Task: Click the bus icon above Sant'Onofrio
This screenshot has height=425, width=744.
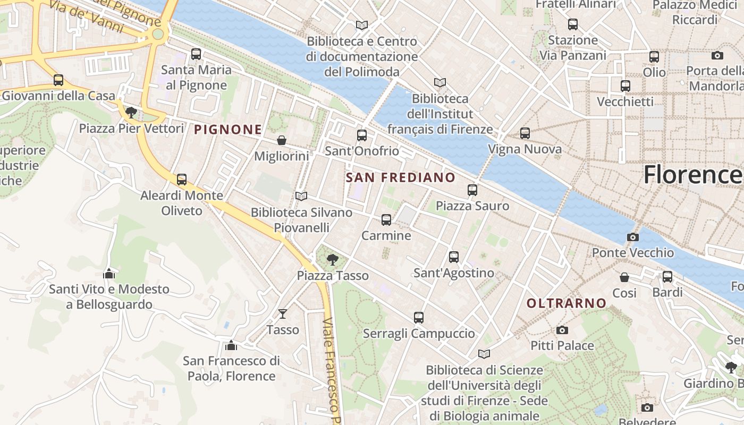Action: [362, 135]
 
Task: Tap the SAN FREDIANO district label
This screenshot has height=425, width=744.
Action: [401, 177]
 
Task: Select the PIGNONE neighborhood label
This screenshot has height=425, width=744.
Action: [228, 129]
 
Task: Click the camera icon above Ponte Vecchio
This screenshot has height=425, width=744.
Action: [632, 237]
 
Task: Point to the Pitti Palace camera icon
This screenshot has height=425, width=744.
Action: [562, 330]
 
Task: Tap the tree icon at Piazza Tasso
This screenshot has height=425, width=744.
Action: [333, 260]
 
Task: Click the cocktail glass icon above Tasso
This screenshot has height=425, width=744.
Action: [283, 314]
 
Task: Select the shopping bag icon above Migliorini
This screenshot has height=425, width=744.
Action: [282, 140]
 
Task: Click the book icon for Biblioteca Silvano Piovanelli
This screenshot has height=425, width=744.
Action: [301, 197]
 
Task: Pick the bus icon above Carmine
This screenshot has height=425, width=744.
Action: [386, 219]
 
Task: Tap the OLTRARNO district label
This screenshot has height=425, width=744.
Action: [566, 303]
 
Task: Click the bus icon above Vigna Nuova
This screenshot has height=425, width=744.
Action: [525, 133]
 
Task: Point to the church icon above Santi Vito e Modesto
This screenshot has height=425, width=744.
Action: [109, 274]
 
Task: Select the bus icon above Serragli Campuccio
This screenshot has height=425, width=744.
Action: [419, 318]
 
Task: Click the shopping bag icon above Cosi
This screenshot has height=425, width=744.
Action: [624, 277]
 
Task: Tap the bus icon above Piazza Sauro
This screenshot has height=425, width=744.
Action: [472, 190]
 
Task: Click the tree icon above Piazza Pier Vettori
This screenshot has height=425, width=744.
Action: [131, 112]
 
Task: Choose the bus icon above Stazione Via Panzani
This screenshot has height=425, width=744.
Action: [572, 24]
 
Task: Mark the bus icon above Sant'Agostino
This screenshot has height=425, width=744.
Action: [454, 257]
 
